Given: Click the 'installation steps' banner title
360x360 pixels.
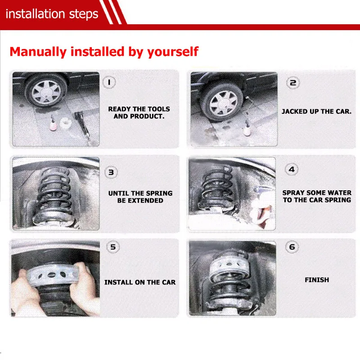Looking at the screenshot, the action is click(x=52, y=14).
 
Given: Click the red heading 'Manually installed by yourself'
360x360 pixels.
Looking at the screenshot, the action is click(x=104, y=51).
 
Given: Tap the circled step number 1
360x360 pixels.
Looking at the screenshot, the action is click(x=109, y=82).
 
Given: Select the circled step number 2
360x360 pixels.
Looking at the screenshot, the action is click(x=293, y=83).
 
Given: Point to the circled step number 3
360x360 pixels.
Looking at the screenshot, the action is click(x=111, y=172).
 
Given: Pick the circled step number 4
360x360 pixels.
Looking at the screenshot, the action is click(x=292, y=170).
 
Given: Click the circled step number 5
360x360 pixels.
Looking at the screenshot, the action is click(x=113, y=247).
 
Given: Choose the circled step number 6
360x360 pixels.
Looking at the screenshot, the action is click(x=292, y=247).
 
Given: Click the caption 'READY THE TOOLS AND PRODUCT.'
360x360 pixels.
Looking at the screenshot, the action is click(x=139, y=112).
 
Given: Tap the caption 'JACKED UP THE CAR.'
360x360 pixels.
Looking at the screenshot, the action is click(x=317, y=111).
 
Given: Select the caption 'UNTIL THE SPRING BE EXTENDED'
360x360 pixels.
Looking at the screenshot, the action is click(x=140, y=197).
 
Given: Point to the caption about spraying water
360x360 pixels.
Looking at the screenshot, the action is click(x=317, y=196).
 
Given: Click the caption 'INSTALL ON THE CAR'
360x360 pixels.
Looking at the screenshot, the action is click(x=140, y=282).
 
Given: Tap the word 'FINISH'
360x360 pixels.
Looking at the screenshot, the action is click(x=317, y=280).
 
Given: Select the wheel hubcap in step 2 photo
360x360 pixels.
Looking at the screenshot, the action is click(x=223, y=103).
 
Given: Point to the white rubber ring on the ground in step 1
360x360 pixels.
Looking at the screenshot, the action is click(x=65, y=123).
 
